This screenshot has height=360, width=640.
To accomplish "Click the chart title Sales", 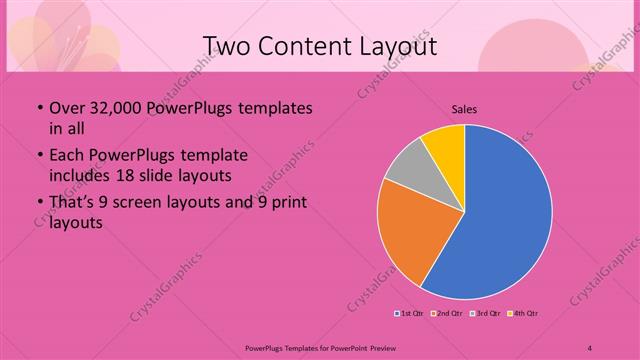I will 464,107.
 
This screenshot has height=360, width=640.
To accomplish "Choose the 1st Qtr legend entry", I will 410,314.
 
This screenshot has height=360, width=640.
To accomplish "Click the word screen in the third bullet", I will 148,204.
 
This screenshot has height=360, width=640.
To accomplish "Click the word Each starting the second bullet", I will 66,157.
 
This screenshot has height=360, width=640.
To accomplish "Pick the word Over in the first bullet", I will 66,108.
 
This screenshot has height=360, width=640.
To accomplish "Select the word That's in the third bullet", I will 73,204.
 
